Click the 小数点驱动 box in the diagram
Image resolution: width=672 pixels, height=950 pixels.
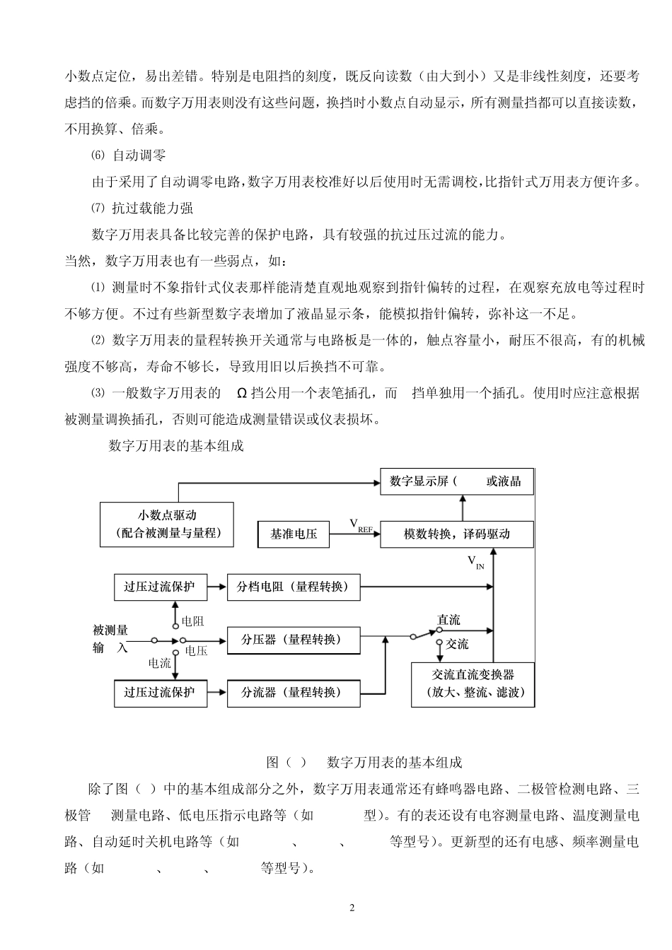point(167,524)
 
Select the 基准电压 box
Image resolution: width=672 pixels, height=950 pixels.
point(293,534)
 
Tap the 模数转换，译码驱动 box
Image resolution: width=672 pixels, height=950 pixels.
point(456,534)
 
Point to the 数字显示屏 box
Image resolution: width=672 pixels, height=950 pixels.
point(456,481)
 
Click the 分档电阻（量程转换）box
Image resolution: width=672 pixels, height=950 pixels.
point(293,587)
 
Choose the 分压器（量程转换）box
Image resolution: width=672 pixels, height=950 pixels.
point(293,640)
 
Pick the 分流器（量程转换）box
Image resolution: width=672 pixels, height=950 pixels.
point(293,693)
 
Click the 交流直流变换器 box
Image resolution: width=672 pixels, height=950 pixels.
point(473,684)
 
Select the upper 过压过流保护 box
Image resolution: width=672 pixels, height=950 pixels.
point(159,587)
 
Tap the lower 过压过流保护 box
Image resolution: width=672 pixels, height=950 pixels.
point(159,693)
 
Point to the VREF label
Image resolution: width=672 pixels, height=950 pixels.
point(360,524)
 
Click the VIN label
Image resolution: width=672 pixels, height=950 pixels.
point(475,562)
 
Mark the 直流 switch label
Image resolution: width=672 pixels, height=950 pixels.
point(448,620)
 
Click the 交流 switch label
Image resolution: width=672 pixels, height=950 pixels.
point(457,644)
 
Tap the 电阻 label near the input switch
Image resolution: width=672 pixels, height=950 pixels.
point(192,621)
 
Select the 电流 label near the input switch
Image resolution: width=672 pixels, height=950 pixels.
point(159,663)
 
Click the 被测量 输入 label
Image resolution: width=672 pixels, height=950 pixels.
point(110,638)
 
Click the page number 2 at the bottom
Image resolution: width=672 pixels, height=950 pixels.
point(352,908)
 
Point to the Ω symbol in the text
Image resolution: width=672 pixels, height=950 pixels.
point(241,393)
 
